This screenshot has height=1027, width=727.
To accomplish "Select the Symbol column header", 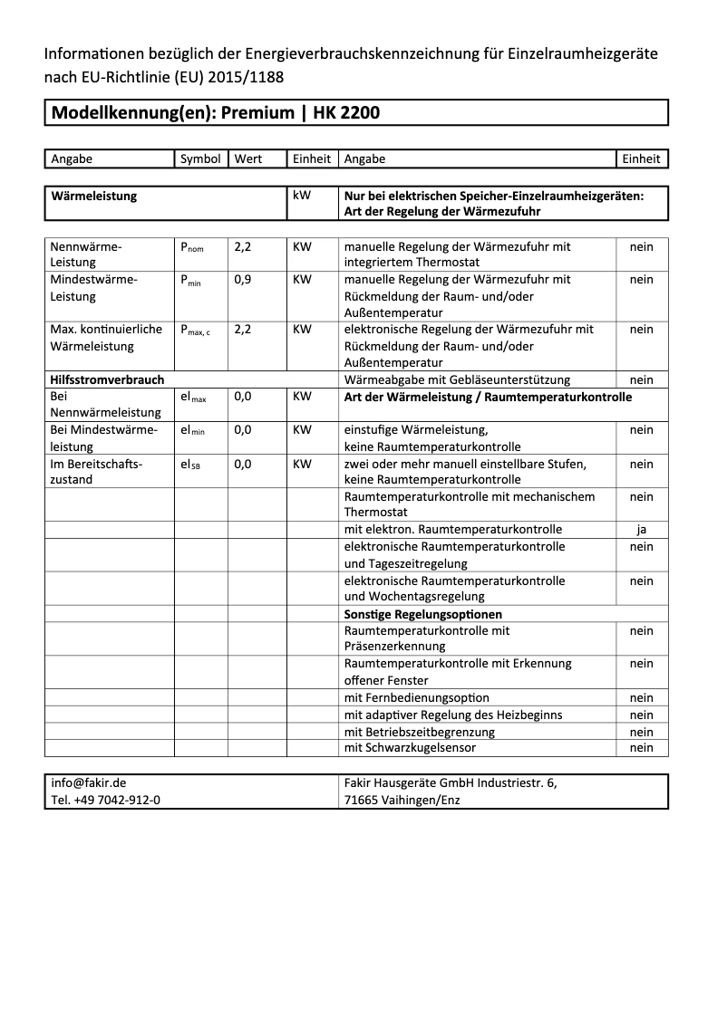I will (200, 158).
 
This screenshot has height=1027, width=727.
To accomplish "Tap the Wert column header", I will (247, 158).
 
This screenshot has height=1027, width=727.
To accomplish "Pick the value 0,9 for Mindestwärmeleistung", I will (243, 280).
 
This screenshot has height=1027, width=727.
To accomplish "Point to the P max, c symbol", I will (195, 330).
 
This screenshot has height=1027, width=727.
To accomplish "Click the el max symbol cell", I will (193, 397).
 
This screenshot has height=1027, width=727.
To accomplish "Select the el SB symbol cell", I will (190, 464).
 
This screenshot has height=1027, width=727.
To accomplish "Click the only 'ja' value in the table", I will (641, 530).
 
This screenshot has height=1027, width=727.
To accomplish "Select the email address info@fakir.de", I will (89, 783).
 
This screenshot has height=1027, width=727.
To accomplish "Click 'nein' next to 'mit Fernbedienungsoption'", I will (641, 698).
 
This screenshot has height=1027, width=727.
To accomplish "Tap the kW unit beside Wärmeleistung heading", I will (302, 195).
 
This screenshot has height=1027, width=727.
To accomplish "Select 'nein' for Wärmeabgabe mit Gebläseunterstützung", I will (641, 380).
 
